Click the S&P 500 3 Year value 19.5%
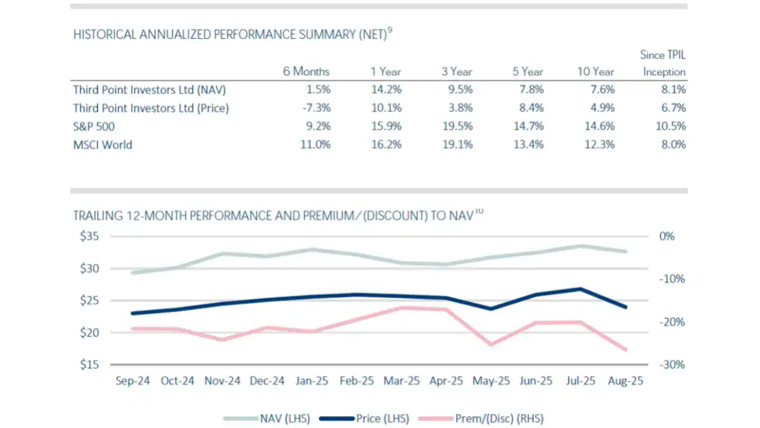[x=457, y=126]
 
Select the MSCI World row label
[x=103, y=145]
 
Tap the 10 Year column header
[x=595, y=72]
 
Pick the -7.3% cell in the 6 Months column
[x=315, y=108]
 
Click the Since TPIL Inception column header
[x=664, y=63]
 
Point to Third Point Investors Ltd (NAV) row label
[x=148, y=90]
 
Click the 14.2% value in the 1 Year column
[x=386, y=90]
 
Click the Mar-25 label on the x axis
[x=402, y=381]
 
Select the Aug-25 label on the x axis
[x=626, y=381]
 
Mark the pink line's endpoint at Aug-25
[x=626, y=349]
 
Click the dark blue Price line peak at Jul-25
[x=581, y=289]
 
